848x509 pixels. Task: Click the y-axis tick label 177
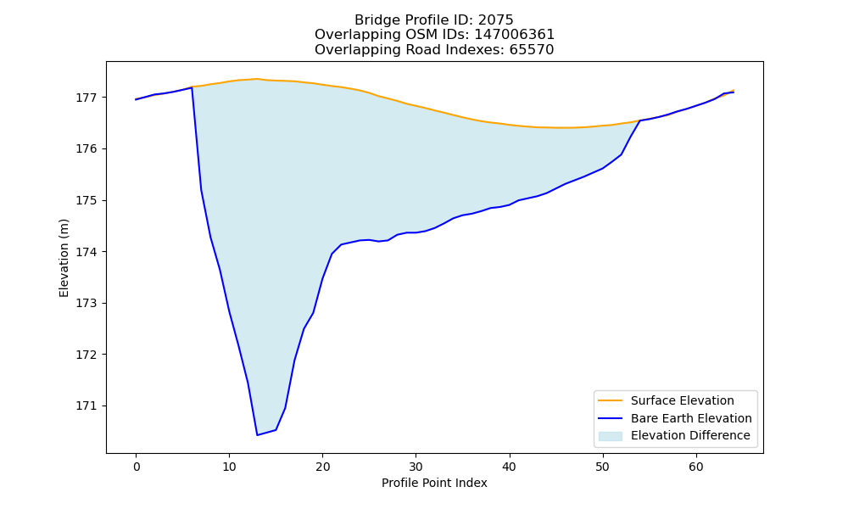[x=86, y=98]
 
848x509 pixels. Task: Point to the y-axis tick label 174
[x=86, y=252]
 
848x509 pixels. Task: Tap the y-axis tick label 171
[x=86, y=406]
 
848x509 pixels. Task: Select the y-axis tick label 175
[x=86, y=201]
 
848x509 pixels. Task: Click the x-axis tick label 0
[x=137, y=467]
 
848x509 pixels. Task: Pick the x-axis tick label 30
[x=416, y=467]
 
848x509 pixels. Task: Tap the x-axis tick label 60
[x=696, y=467]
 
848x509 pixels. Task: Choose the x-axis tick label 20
[x=323, y=467]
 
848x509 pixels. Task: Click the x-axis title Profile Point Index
[x=434, y=483]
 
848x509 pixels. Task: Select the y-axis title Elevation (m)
[x=64, y=258]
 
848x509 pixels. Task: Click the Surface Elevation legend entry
[x=682, y=400]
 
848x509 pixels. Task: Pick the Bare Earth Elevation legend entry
[x=691, y=418]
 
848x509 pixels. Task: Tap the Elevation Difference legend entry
[x=690, y=435]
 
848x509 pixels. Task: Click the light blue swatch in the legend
[x=610, y=436]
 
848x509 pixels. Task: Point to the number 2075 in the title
[x=495, y=20]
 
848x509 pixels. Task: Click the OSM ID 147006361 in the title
[x=515, y=35]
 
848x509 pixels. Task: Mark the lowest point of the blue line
[x=258, y=435]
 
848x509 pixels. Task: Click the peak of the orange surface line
[x=258, y=79]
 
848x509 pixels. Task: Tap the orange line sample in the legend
[x=610, y=400]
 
